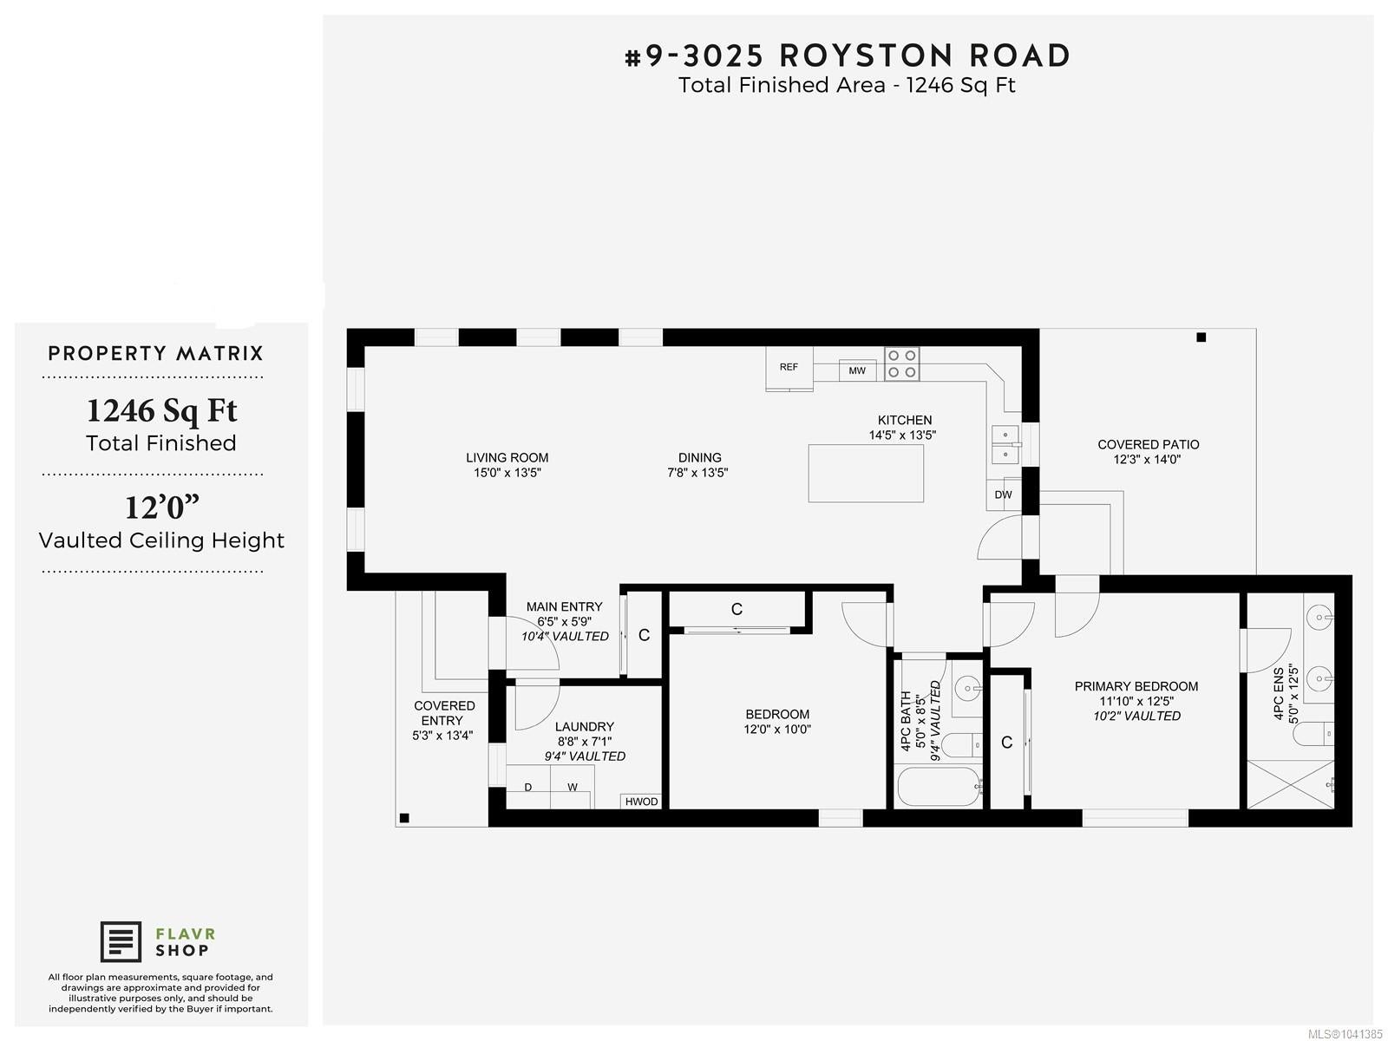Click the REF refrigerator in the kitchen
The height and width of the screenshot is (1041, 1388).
pos(789,368)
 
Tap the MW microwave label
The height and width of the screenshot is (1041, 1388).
pos(857,371)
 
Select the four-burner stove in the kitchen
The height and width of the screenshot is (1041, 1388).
pos(901,364)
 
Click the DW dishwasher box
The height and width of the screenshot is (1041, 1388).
pos(1004,494)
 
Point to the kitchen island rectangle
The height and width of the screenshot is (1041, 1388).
pos(866,474)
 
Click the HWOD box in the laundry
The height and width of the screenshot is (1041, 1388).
pos(641,802)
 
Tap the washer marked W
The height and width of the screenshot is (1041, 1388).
pos(573,787)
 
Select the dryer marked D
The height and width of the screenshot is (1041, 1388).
pos(528,787)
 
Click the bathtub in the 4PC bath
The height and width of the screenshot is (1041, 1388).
pos(939,787)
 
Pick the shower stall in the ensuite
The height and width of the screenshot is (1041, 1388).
pos(1291,784)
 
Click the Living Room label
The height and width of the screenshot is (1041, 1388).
pos(507,458)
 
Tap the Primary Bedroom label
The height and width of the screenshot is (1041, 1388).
pos(1136,686)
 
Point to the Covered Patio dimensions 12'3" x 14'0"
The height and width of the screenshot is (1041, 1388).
pos(1147,460)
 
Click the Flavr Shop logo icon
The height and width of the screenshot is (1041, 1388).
pos(121,942)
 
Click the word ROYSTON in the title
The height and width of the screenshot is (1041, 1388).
pos(866,56)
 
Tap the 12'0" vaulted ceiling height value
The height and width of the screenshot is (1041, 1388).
pos(162,507)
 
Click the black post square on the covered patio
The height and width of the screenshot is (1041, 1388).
pos(1201,337)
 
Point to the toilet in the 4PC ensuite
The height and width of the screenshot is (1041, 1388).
pos(1313,734)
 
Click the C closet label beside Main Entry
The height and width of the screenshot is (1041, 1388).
pos(645,635)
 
